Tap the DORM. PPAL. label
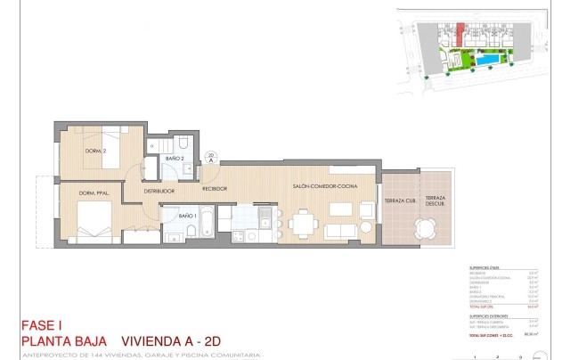point(94,193)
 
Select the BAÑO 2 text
point(174,159)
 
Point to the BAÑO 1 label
point(187,216)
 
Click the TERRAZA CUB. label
point(398,202)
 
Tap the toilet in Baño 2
point(181,144)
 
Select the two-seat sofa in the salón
point(342,231)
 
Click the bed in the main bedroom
point(93,222)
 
